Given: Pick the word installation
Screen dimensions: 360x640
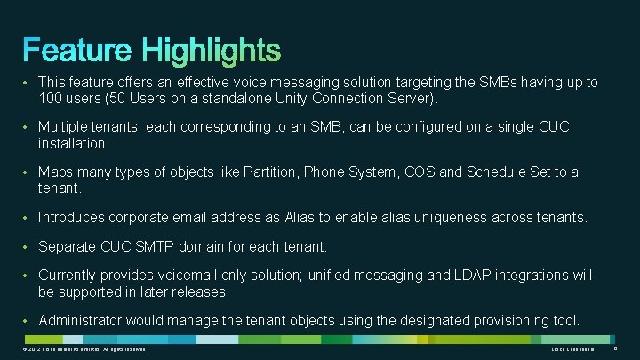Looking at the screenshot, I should click(74, 143).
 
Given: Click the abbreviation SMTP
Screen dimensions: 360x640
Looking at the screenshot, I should click(166, 246).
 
